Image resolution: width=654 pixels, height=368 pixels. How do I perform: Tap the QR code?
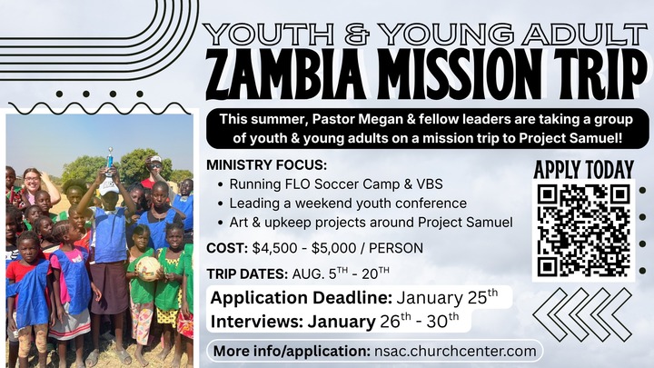583,231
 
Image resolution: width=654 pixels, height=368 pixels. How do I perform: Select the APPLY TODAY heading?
583,170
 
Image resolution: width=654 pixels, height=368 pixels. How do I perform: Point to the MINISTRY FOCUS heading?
266,165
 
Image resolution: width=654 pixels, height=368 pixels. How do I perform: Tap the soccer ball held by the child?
148,268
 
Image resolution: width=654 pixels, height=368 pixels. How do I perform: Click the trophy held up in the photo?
110,163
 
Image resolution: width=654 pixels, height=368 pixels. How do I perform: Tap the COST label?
226,248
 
